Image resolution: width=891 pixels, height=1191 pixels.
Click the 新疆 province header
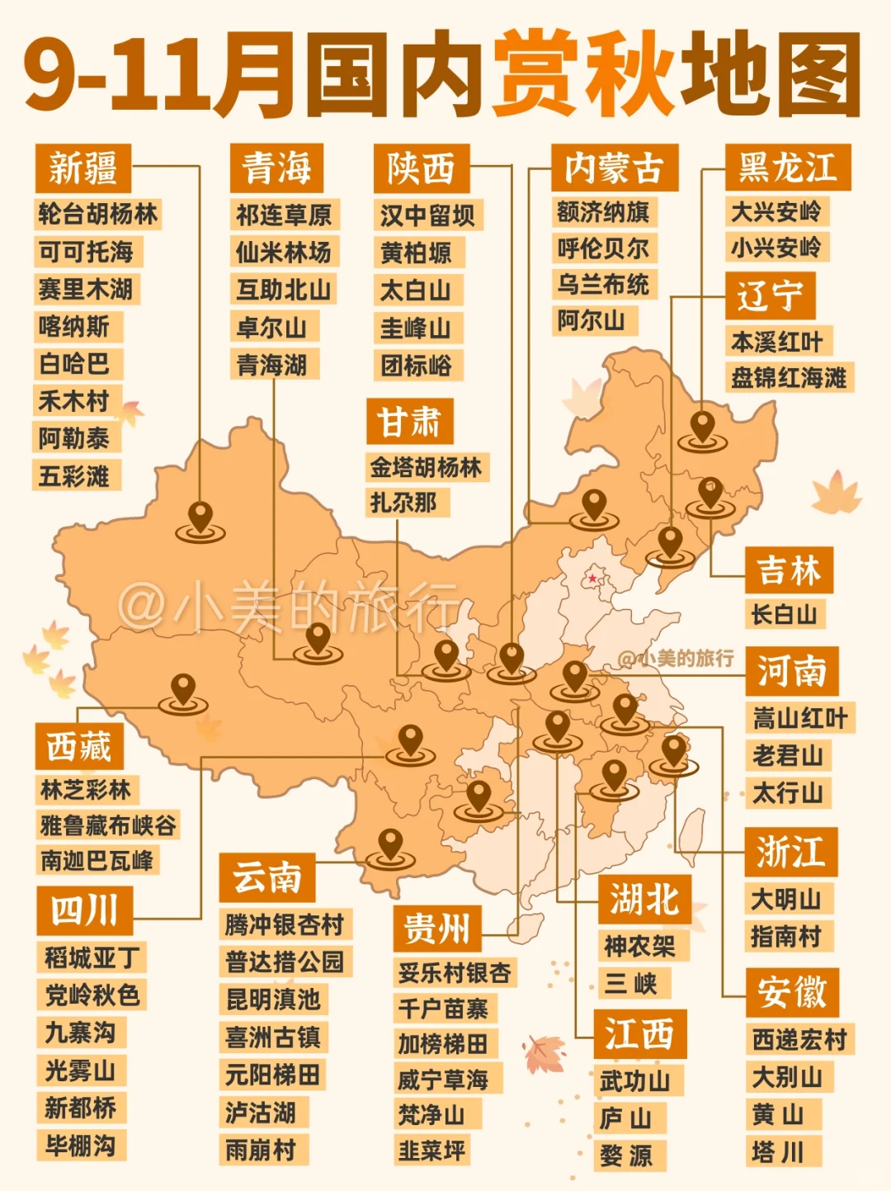click(82, 168)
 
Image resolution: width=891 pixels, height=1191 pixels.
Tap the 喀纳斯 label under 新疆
click(74, 326)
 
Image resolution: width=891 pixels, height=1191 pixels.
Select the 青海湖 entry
click(271, 364)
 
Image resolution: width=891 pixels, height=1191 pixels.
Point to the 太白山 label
click(415, 290)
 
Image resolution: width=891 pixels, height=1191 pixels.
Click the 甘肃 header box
click(409, 422)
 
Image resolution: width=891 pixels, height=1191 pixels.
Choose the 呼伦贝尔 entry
click(602, 248)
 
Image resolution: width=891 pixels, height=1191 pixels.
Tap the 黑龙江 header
click(787, 168)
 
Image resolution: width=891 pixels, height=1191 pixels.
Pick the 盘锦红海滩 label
click(789, 378)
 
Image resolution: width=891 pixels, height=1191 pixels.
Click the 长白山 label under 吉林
click(784, 614)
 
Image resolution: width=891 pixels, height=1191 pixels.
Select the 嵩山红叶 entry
click(799, 717)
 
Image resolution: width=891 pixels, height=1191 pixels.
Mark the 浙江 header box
click(790, 851)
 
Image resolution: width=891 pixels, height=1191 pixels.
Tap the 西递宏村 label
click(799, 1038)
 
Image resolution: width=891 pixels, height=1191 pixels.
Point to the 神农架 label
click(639, 946)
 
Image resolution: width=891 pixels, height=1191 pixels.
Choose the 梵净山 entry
click(431, 1114)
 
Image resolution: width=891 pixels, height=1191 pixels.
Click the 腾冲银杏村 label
click(284, 924)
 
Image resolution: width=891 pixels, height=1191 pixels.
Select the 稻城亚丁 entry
click(92, 957)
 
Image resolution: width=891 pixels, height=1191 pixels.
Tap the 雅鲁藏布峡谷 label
click(107, 825)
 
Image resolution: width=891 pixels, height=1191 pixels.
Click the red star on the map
click(592, 578)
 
